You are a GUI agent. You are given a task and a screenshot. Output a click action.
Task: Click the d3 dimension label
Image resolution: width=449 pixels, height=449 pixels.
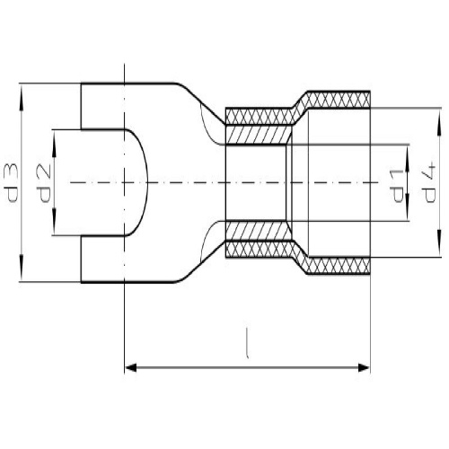pyautogui.click(x=12, y=183)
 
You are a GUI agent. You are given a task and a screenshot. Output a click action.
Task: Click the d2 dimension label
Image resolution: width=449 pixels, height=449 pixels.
pyautogui.click(x=44, y=184)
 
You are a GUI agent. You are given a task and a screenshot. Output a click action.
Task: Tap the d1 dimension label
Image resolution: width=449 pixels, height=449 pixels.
pyautogui.click(x=397, y=186)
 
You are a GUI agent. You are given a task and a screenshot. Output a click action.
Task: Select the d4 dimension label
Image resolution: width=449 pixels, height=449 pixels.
pyautogui.click(x=428, y=183)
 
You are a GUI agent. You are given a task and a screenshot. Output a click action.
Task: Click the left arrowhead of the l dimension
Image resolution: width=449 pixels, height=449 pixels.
pyautogui.click(x=130, y=367)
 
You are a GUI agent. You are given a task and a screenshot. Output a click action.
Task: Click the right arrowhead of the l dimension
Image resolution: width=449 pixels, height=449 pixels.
pyautogui.click(x=364, y=367)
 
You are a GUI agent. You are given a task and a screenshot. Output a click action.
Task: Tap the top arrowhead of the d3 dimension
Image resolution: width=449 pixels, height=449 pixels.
pyautogui.click(x=21, y=92)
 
